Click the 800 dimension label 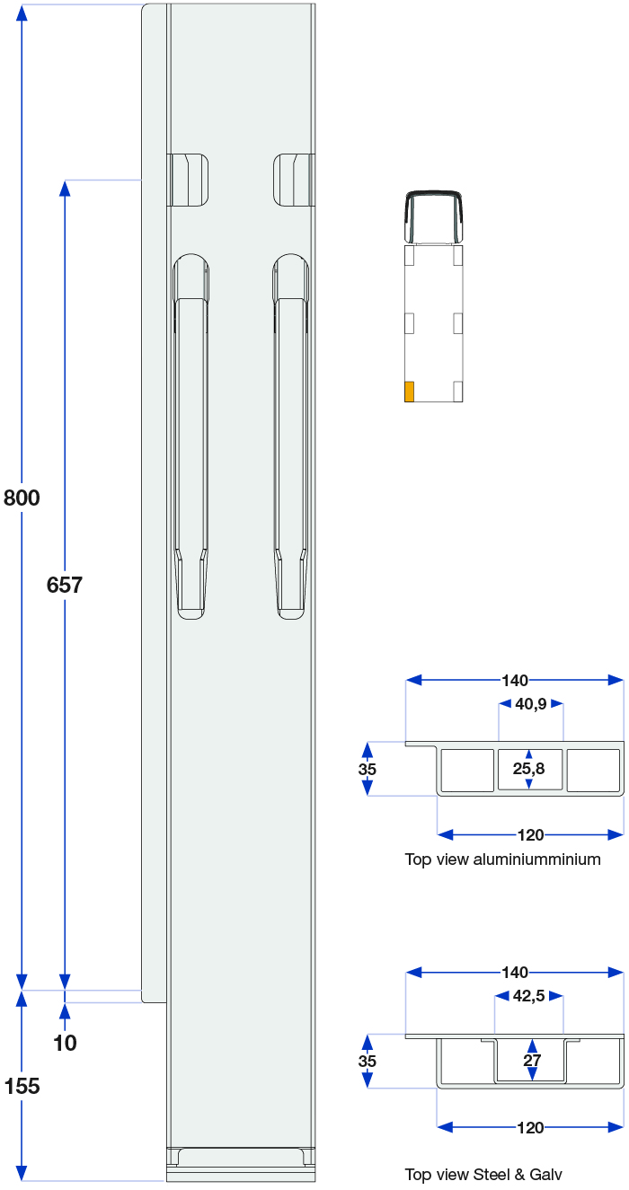point(22,498)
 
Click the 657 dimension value point(65,585)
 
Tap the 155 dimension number point(22,1086)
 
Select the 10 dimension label point(65,1043)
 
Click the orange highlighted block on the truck point(410,392)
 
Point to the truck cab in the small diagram point(434,216)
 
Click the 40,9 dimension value point(531,704)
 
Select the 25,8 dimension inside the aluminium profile point(528,768)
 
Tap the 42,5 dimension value point(528,996)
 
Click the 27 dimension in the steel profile point(532,1061)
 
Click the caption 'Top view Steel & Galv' point(483,1175)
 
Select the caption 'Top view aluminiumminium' point(502,859)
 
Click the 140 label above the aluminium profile point(515,680)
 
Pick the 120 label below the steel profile point(530,1127)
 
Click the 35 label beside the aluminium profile point(367,769)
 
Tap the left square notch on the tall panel point(188,180)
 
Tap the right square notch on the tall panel point(294,180)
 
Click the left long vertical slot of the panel point(190,436)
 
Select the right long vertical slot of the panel point(291,436)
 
